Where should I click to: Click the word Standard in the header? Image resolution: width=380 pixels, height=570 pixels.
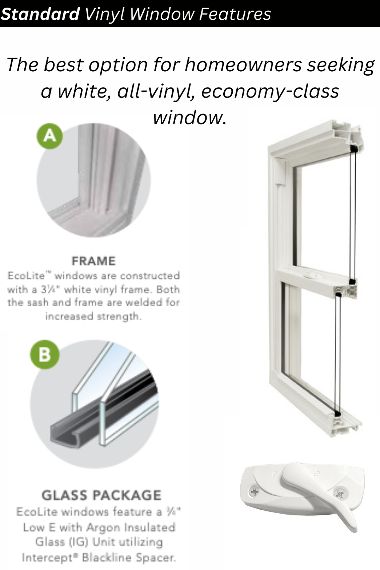pos(40,14)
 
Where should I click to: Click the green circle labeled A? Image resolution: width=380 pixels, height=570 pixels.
pos(50,136)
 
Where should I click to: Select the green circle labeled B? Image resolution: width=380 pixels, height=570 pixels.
pos(44,354)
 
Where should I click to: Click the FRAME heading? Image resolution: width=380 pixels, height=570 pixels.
pos(93,261)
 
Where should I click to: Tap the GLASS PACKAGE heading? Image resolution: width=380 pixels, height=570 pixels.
pos(101,495)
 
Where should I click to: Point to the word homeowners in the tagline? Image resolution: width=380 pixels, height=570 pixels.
pos(243,65)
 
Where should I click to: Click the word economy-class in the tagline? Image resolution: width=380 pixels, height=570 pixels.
pos(270,91)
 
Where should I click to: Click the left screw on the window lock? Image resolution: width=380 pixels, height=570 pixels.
pos(255,492)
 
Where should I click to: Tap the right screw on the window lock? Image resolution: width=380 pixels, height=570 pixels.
pos(339,494)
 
